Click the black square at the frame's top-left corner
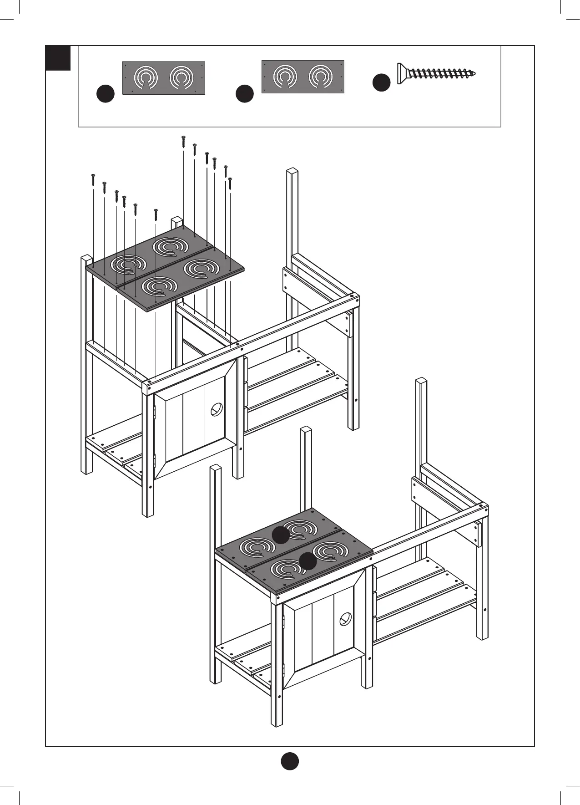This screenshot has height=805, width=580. click(58, 58)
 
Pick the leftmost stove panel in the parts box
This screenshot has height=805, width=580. click(164, 78)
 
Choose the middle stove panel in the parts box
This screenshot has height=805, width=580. click(303, 76)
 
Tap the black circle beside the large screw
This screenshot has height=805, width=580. click(382, 82)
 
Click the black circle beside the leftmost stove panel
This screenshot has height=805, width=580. click(106, 93)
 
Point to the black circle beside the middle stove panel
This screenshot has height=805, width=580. click(245, 93)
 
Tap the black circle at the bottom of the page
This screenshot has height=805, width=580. click(289, 761)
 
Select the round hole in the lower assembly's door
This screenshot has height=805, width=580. click(346, 619)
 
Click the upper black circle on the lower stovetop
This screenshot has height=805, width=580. click(281, 535)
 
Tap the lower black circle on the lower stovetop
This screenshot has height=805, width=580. click(308, 560)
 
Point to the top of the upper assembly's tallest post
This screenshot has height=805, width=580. click(292, 172)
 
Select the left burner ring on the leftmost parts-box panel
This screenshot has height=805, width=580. click(145, 78)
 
